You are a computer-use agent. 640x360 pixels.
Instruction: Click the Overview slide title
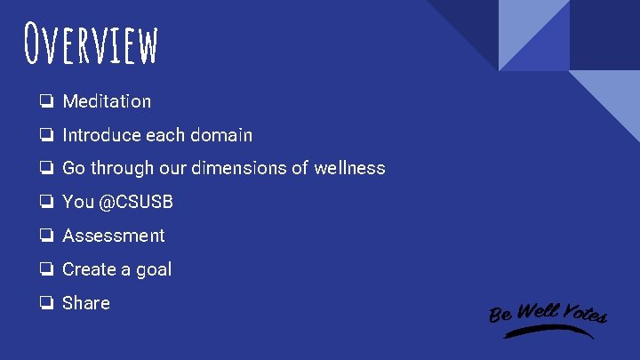pyautogui.click(x=92, y=44)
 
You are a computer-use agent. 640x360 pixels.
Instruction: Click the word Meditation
pyautogui.click(x=107, y=101)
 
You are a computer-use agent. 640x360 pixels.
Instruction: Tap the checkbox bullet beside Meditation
pyautogui.click(x=44, y=101)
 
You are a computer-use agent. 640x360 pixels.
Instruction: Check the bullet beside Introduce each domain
pyautogui.click(x=44, y=135)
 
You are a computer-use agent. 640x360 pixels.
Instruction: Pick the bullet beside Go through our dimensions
pyautogui.click(x=44, y=168)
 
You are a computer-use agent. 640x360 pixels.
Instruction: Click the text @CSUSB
pyautogui.click(x=136, y=202)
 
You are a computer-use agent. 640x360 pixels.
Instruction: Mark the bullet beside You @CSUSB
pyautogui.click(x=44, y=202)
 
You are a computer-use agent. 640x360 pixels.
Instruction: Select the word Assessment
pyautogui.click(x=113, y=236)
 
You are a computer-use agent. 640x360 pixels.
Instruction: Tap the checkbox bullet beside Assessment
pyautogui.click(x=44, y=236)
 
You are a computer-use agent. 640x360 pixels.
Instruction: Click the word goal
pyautogui.click(x=153, y=270)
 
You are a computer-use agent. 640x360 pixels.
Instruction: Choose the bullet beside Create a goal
pyautogui.click(x=44, y=269)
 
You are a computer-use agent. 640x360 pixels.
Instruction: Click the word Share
pyautogui.click(x=86, y=303)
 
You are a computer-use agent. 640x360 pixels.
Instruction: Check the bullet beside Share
pyautogui.click(x=44, y=303)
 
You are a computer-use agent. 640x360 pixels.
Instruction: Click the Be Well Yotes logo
pyautogui.click(x=548, y=316)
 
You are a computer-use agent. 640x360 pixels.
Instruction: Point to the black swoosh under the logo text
pyautogui.click(x=548, y=332)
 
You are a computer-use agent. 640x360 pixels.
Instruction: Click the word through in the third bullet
pyautogui.click(x=120, y=169)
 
